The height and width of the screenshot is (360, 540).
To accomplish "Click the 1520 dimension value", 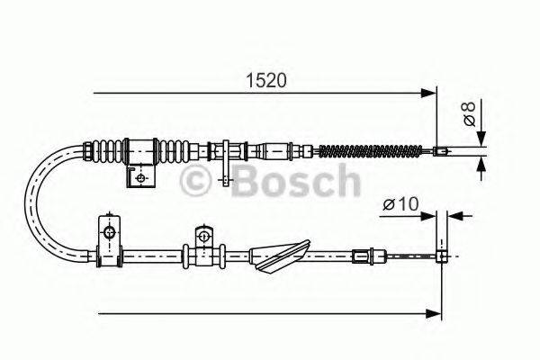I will tap(266, 80).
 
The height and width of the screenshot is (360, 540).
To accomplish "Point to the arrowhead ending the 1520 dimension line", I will tap(427, 92).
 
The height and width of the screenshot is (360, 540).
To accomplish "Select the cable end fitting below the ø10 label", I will tap(442, 256).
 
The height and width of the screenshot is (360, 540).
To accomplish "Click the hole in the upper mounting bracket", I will tap(140, 177).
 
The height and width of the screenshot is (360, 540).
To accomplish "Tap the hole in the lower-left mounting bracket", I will tap(110, 234).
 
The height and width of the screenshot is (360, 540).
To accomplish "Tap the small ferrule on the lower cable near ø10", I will tap(364, 256).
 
